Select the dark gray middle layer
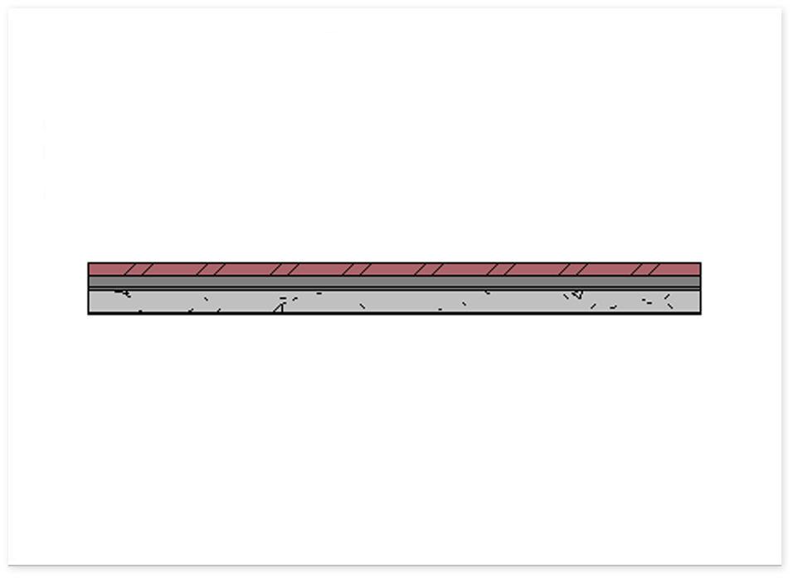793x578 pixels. pos(394,282)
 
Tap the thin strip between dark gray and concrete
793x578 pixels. pos(394,288)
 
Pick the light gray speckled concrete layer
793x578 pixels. pos(394,301)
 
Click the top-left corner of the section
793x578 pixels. pos(89,263)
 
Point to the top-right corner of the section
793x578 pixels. pos(700,263)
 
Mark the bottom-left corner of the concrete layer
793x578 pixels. pos(89,313)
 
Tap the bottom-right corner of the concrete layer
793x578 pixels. pos(700,313)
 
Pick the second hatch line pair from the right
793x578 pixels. pos(572,270)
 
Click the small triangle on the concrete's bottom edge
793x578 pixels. pos(280,308)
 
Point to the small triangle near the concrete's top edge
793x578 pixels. pos(577,294)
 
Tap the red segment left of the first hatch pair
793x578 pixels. pos(105,270)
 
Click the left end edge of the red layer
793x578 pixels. pos(89,270)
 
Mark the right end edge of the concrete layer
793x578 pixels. pos(700,301)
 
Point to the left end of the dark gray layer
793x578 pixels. pos(90,282)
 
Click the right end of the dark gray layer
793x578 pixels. pos(699,282)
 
